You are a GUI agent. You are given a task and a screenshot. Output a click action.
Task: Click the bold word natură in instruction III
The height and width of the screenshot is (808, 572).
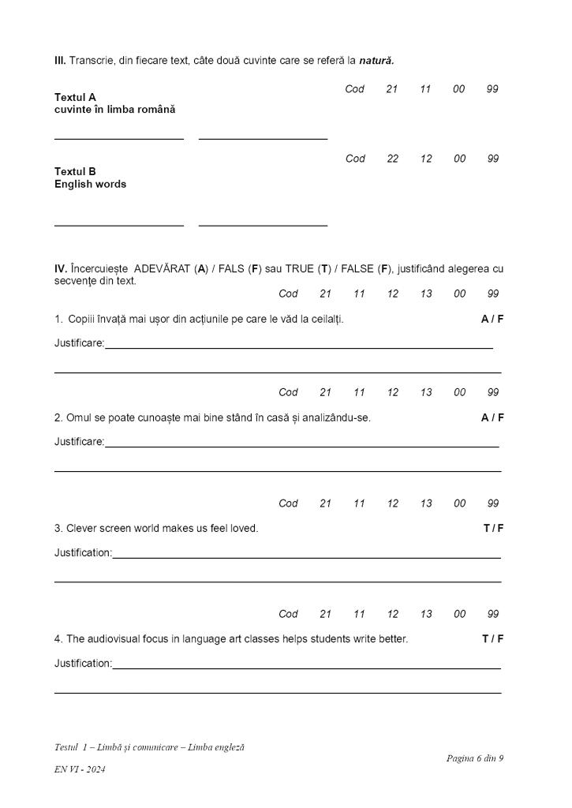[376, 61]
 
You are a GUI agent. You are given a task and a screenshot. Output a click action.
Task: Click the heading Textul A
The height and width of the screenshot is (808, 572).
[75, 97]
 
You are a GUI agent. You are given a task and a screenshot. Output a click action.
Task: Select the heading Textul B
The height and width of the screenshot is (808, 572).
[75, 171]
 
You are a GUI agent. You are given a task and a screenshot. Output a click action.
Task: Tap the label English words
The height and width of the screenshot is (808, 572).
[90, 184]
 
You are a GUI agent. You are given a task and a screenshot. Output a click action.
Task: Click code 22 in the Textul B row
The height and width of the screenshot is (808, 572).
[392, 159]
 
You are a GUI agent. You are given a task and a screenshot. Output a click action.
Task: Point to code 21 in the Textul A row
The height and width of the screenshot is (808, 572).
[391, 89]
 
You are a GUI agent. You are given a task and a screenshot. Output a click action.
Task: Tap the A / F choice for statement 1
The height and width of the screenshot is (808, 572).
[492, 319]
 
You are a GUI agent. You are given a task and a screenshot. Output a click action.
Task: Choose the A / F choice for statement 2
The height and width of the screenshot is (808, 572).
[492, 417]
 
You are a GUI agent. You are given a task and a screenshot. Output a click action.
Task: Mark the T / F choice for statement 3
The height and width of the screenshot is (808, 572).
[493, 528]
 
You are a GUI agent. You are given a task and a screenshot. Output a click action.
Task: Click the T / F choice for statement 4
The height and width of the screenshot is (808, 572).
[493, 638]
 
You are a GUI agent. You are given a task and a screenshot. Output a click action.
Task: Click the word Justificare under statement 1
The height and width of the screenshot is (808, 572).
[79, 343]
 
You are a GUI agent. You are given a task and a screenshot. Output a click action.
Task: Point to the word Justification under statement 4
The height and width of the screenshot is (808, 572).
[83, 664]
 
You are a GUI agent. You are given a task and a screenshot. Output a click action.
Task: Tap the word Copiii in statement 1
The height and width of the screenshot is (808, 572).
[81, 319]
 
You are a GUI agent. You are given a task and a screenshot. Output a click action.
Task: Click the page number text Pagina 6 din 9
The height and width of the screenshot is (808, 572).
[474, 758]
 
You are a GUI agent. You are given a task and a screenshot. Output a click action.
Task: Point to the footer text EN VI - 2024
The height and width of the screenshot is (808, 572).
[80, 769]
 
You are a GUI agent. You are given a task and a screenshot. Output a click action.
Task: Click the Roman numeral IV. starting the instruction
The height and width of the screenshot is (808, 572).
[61, 268]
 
